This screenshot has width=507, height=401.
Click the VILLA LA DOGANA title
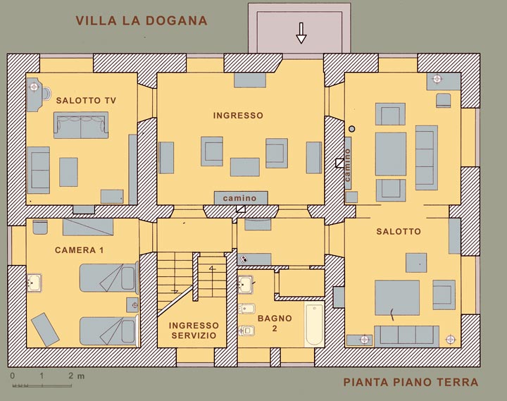[x=142, y=20]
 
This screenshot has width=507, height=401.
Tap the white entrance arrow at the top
[x=301, y=33]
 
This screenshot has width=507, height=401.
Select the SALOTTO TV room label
[x=86, y=100]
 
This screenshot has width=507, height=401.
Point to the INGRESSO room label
[x=238, y=116]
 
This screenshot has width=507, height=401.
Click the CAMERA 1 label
[x=79, y=250]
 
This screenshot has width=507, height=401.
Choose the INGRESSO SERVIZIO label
[x=194, y=331]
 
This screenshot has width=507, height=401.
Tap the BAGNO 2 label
[x=275, y=323]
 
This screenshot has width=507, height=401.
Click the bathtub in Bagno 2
[x=314, y=324]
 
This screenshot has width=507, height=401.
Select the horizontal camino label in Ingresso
[x=239, y=198]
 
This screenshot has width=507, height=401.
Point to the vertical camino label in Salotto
[x=348, y=165]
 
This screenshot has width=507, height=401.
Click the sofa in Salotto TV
[x=81, y=125]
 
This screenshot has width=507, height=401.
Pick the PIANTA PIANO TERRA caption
[x=411, y=382]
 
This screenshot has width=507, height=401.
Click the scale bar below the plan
[x=42, y=385]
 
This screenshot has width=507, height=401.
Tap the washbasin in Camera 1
[x=34, y=283]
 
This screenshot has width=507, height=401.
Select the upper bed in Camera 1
[x=109, y=278]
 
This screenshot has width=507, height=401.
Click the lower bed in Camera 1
[x=109, y=331]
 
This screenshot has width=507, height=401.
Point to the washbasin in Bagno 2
[x=246, y=285]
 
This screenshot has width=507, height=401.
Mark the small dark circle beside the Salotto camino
[x=352, y=129]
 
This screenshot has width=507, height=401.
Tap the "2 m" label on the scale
[x=77, y=376]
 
